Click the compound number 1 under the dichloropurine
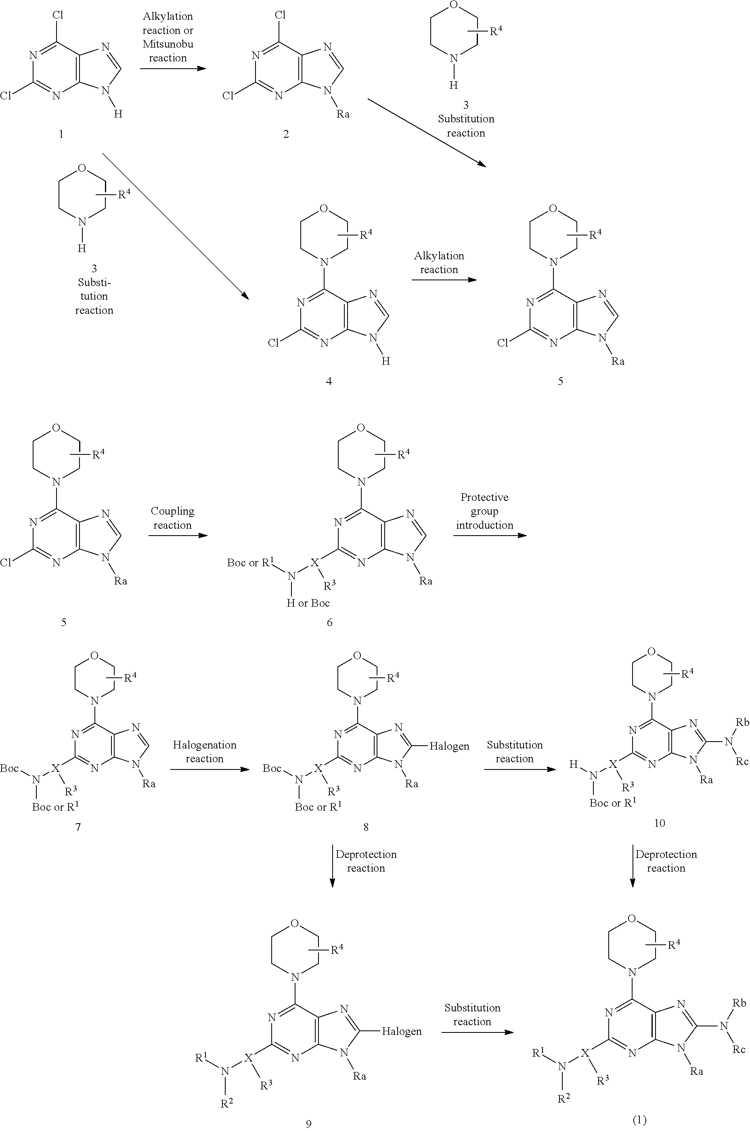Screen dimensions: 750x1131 tap(61, 134)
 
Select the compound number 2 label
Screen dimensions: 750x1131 tap(286, 134)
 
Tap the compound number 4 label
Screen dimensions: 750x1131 tap(329, 381)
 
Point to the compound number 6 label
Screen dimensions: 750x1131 tap(329, 622)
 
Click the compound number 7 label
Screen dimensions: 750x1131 tap(78, 826)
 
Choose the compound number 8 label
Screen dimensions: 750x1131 tap(366, 826)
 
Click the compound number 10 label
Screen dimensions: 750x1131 tap(659, 823)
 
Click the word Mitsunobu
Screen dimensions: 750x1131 tap(168, 44)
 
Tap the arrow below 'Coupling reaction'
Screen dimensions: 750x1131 tap(178, 535)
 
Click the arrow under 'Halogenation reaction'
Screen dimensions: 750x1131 tap(209, 769)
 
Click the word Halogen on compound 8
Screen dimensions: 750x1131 tap(449, 746)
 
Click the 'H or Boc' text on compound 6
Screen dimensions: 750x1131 tap(308, 603)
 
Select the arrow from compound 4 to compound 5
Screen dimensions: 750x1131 tap(444, 279)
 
